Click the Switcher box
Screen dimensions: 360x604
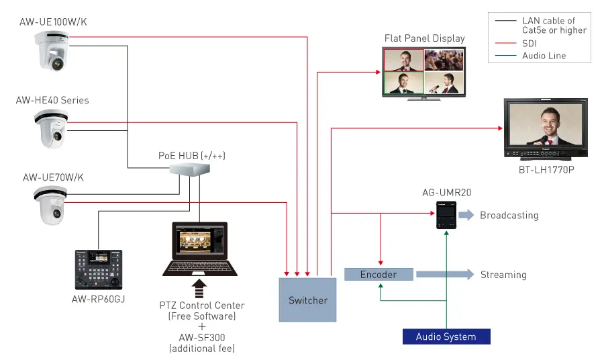point(308,300)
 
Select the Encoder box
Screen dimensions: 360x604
point(379,274)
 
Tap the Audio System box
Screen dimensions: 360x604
point(446,336)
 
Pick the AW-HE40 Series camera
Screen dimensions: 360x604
point(51,128)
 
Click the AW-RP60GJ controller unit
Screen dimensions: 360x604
point(98,269)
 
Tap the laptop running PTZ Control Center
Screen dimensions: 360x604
point(200,249)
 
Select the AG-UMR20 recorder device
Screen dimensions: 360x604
point(446,216)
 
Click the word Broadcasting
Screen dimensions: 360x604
point(509,216)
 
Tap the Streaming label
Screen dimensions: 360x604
point(503,275)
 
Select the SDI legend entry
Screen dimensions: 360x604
point(530,43)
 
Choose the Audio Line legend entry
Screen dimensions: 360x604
point(544,56)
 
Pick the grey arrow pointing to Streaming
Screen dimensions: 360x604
point(444,275)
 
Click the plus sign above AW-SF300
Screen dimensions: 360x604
point(202,326)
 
